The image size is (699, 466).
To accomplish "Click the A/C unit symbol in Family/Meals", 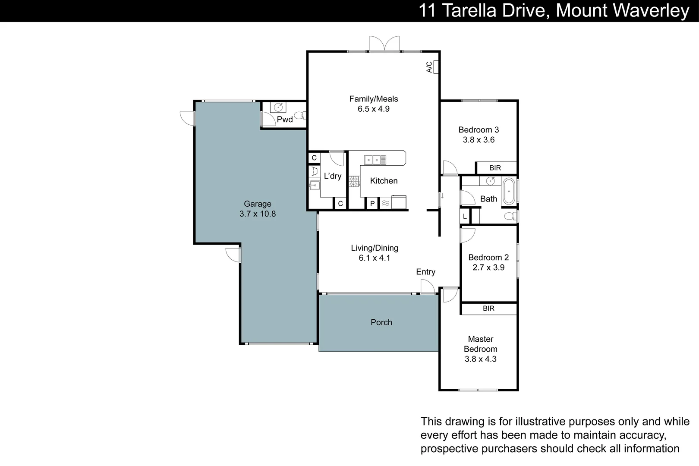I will tap(436, 67).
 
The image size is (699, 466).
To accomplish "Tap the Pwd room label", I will tap(285, 120).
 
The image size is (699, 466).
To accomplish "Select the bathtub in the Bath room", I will tap(509, 191).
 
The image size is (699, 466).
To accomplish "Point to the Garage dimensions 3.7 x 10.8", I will tap(258, 214).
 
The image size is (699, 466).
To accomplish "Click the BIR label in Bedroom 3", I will tap(495, 168).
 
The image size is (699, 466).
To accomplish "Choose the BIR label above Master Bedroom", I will tap(488, 309).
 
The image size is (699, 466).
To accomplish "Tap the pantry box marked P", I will tap(372, 203).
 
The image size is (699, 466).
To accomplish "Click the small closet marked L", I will tap(465, 217).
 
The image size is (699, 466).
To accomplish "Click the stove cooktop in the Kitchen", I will tap(354, 181).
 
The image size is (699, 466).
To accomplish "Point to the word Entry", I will tap(425, 272).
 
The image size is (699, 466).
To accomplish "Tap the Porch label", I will tap(381, 322).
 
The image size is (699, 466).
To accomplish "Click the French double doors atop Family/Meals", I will tap(384, 44).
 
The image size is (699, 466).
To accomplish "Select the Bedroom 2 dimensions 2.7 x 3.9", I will tap(488, 268).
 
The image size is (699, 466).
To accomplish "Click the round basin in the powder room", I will tap(278, 107).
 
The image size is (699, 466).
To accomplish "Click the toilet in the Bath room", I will tap(511, 216).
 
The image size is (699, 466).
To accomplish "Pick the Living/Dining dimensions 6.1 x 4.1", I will tap(375, 258).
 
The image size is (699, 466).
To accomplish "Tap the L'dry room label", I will tap(333, 176).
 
